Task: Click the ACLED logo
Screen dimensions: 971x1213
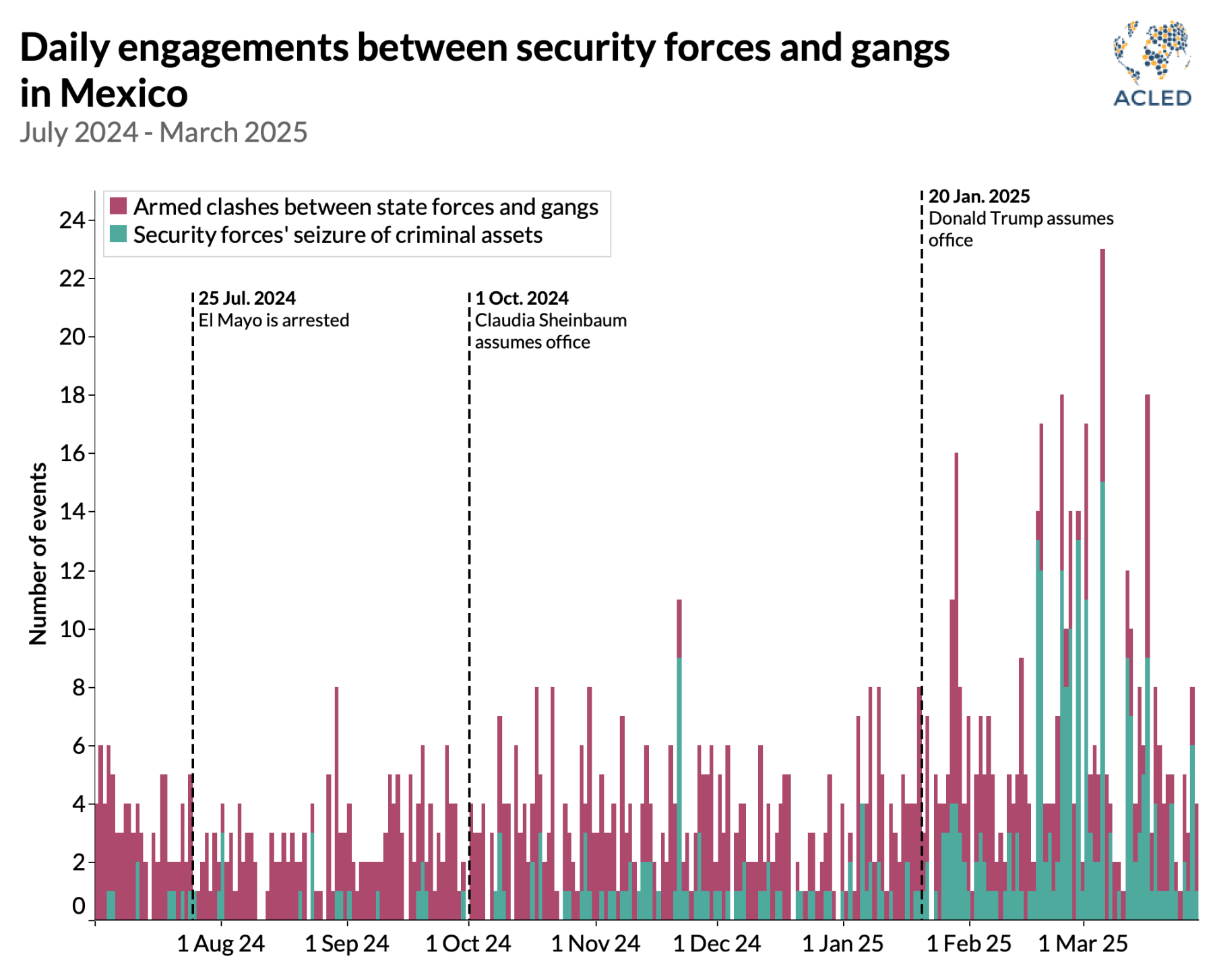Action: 1152,64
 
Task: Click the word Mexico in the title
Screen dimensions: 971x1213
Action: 125,94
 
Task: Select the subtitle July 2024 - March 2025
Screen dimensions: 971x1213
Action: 164,133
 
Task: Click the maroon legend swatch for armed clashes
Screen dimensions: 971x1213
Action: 119,206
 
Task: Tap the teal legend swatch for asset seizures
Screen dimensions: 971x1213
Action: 119,234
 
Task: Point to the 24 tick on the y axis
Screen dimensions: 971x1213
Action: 72,220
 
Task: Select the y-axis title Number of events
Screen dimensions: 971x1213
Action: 38,553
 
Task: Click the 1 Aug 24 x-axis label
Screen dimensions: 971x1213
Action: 221,943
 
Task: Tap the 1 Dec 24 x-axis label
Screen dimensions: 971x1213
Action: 716,943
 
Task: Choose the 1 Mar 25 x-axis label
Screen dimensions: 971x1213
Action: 1082,943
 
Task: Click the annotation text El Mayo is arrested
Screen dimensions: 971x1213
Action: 274,320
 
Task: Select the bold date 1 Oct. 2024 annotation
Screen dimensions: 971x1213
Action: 522,298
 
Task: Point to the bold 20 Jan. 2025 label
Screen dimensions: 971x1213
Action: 978,196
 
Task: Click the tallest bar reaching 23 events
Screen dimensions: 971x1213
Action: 1102,472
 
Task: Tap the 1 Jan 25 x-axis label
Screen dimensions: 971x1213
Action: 842,943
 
